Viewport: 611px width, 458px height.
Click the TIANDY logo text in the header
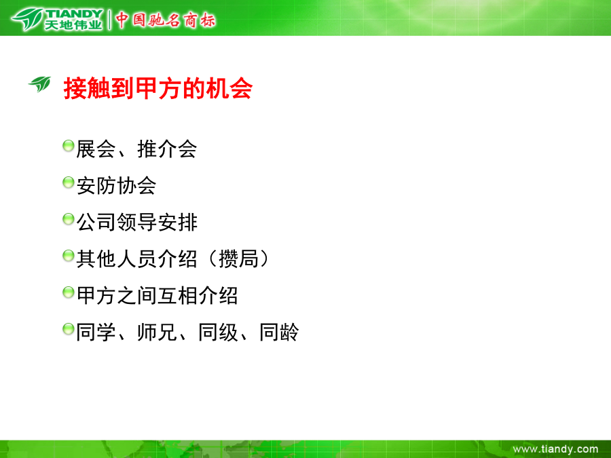[74, 14]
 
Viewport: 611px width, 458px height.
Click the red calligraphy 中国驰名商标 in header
[165, 20]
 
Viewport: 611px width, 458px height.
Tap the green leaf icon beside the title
[40, 83]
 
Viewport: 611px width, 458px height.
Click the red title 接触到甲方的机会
[158, 88]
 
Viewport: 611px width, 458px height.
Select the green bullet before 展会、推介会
[68, 146]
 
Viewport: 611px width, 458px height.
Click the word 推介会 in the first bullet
[167, 149]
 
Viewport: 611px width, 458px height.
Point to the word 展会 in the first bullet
[96, 149]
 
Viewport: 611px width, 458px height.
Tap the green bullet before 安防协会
[68, 183]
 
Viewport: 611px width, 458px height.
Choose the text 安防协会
[116, 185]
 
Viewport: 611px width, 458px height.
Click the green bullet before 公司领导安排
[68, 219]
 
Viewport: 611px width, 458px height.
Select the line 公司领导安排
[136, 222]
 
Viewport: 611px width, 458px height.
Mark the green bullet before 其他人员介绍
[68, 256]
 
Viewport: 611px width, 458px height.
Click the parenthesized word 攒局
[238, 259]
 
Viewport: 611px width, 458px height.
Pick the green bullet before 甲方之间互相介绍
[68, 292]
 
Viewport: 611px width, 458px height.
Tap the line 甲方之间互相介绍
[157, 295]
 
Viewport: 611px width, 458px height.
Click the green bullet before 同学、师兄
[68, 329]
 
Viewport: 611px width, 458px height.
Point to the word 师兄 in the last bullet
[157, 332]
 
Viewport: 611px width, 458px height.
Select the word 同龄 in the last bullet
[280, 332]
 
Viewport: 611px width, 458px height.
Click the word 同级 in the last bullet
[218, 332]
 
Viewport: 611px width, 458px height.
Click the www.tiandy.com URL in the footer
[555, 449]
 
